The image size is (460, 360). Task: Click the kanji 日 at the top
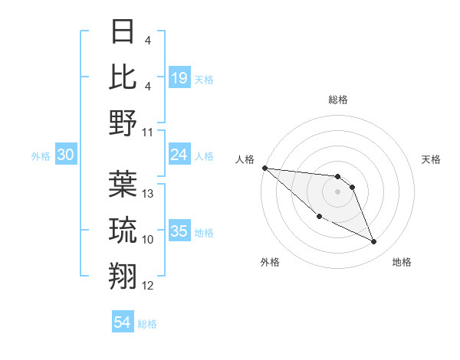(x=123, y=33)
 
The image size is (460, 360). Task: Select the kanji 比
(x=123, y=77)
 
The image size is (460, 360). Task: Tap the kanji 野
(x=123, y=122)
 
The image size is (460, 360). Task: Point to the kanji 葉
(x=123, y=185)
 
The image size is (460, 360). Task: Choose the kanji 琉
(x=123, y=230)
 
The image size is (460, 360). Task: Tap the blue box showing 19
(x=179, y=77)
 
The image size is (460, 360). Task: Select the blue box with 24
(x=179, y=155)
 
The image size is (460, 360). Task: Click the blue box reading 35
(x=179, y=231)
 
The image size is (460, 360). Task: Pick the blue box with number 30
(x=66, y=155)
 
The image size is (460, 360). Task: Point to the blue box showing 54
(x=123, y=322)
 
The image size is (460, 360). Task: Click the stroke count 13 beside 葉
(x=148, y=194)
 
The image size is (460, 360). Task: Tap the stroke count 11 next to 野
(x=148, y=132)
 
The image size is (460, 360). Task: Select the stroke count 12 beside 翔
(x=148, y=286)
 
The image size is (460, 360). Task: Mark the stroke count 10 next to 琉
(x=148, y=240)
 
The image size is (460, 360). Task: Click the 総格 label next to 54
(x=147, y=324)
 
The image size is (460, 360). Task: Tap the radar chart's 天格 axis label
(x=431, y=159)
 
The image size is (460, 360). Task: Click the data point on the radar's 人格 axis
(x=264, y=168)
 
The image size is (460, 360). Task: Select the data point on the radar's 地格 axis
(x=374, y=242)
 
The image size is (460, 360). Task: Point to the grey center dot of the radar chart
(x=337, y=191)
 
